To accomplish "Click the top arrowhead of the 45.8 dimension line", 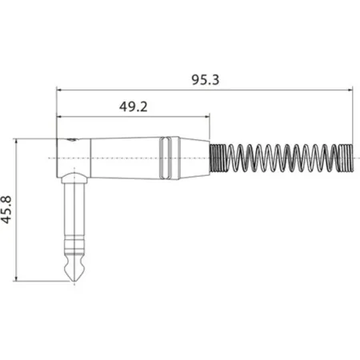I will click(17, 142).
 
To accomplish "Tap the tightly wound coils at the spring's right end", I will click(343, 158).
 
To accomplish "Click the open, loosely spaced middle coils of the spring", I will click(280, 158).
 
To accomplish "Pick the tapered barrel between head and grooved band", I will click(124, 158).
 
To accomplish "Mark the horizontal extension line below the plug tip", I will click(40, 282).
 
